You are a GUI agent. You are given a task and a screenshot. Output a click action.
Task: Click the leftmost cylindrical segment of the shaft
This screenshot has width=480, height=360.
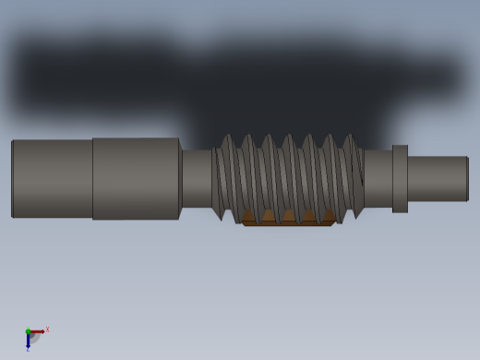point(52,178)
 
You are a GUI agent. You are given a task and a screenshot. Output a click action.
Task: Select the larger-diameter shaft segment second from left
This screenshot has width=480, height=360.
point(135,178)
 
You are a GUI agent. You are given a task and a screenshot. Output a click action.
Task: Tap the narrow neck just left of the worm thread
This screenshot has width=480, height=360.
point(196,178)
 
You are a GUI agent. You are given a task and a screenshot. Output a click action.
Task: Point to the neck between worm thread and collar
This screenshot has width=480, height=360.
point(378,178)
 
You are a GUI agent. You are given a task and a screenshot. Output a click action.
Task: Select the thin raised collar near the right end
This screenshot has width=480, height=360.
point(400,178)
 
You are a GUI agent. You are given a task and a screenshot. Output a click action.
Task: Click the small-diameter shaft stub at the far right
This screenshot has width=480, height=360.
point(437,178)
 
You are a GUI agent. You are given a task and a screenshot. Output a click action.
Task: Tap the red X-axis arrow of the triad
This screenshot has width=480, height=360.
point(38,330)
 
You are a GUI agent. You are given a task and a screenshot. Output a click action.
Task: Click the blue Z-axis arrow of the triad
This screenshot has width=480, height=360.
point(28,341)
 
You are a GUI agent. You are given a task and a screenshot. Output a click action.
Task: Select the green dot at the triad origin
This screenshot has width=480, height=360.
point(28,331)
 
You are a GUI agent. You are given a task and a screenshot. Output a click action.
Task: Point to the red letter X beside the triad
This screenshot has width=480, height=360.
point(47,330)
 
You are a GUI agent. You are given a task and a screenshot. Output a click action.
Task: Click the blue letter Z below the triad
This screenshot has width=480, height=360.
point(28,350)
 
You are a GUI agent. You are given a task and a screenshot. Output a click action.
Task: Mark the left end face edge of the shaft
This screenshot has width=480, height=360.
point(12,178)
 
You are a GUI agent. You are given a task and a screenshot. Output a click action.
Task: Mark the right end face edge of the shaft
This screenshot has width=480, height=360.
point(468,178)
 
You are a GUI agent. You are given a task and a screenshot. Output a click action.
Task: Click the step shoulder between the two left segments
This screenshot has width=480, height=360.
point(92,178)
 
